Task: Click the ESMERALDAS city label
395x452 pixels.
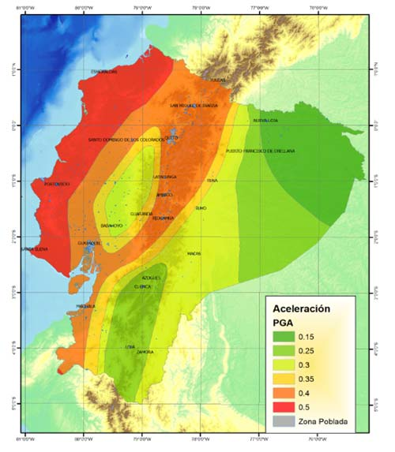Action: point(104,72)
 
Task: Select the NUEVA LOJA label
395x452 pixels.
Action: point(265,121)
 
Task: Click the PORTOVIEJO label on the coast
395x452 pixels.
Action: point(56,185)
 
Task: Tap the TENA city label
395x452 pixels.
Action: point(212,181)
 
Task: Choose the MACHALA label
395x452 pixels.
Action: point(85,305)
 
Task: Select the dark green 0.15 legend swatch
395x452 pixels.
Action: point(282,337)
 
